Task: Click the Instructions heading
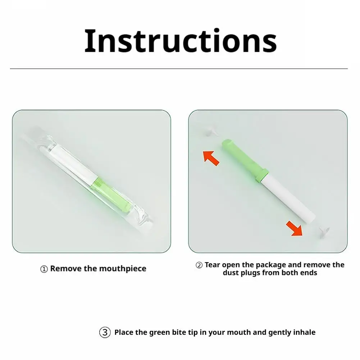point(181,41)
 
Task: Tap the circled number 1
point(44,269)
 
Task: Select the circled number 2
point(199,265)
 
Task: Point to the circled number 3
point(105,332)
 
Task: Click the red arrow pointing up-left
point(211,158)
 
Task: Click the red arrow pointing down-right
point(295,228)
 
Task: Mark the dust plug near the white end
point(324,232)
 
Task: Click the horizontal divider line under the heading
point(179,68)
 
